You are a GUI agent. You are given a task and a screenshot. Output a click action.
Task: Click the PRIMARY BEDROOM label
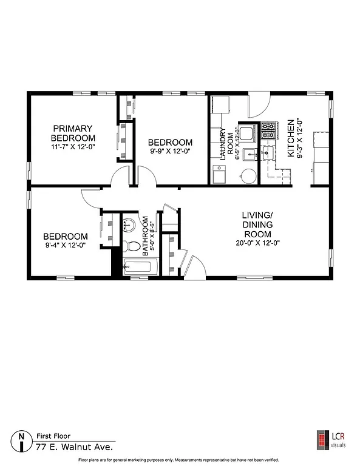tap(72, 133)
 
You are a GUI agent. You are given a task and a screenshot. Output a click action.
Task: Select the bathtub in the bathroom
tap(140, 265)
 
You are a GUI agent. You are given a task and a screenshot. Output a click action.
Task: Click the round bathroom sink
tap(128, 226)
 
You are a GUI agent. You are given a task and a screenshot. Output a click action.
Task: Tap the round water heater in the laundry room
tap(248, 176)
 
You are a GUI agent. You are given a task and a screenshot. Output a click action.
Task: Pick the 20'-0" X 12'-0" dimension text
tap(257, 243)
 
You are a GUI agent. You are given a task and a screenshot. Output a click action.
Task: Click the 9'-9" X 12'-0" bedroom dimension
tap(171, 152)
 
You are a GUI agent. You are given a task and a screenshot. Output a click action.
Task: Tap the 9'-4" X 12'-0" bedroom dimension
tap(65, 246)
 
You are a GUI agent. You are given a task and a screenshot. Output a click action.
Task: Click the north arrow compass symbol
tap(22, 441)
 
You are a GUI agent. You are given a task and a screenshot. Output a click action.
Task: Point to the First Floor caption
tap(53, 436)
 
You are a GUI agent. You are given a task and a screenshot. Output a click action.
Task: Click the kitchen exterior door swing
tap(257, 104)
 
